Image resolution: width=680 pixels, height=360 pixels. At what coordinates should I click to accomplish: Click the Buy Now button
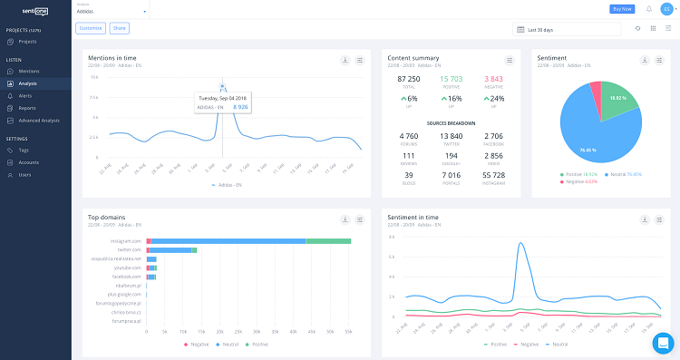[x=622, y=9]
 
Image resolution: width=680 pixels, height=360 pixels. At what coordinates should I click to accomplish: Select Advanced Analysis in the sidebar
[x=39, y=120]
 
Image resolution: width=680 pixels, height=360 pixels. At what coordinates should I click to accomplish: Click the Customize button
[x=91, y=28]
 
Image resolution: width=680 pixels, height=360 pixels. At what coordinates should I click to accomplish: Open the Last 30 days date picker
[x=568, y=29]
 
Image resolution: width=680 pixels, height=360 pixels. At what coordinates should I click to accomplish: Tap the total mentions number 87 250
[x=408, y=79]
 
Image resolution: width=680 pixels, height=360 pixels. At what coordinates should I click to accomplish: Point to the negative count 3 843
[x=493, y=79]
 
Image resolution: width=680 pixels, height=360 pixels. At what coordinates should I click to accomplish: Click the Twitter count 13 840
[x=451, y=135]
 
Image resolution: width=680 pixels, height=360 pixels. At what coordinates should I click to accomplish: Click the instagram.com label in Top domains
[x=126, y=240]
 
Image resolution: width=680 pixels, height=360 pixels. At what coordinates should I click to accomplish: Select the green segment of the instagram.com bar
[x=328, y=240]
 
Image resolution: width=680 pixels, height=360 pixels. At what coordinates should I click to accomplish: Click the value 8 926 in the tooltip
[x=239, y=107]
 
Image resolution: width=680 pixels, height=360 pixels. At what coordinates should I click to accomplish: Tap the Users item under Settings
[x=24, y=174]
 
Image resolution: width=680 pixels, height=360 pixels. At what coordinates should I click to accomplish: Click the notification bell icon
[x=648, y=9]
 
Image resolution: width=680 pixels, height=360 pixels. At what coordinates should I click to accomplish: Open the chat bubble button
[x=664, y=344]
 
